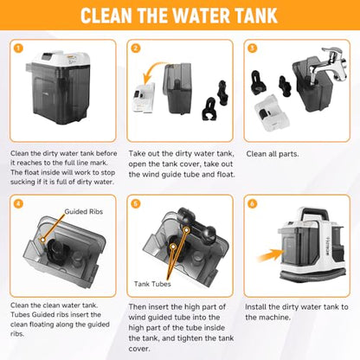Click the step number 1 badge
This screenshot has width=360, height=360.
18,48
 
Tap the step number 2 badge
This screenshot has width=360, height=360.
136,48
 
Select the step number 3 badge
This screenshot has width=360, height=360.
253,48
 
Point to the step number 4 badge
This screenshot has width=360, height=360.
18,203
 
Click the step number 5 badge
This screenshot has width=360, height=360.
136,203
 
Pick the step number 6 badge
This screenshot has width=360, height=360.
253,203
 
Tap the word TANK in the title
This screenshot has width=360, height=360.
256,16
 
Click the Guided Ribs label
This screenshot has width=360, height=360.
84,211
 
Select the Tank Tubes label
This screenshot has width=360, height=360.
152,284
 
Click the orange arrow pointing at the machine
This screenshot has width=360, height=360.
271,255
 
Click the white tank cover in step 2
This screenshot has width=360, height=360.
144,98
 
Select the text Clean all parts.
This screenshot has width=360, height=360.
273,154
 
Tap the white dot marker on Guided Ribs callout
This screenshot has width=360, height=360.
43,239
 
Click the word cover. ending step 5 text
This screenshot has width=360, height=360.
139,349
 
